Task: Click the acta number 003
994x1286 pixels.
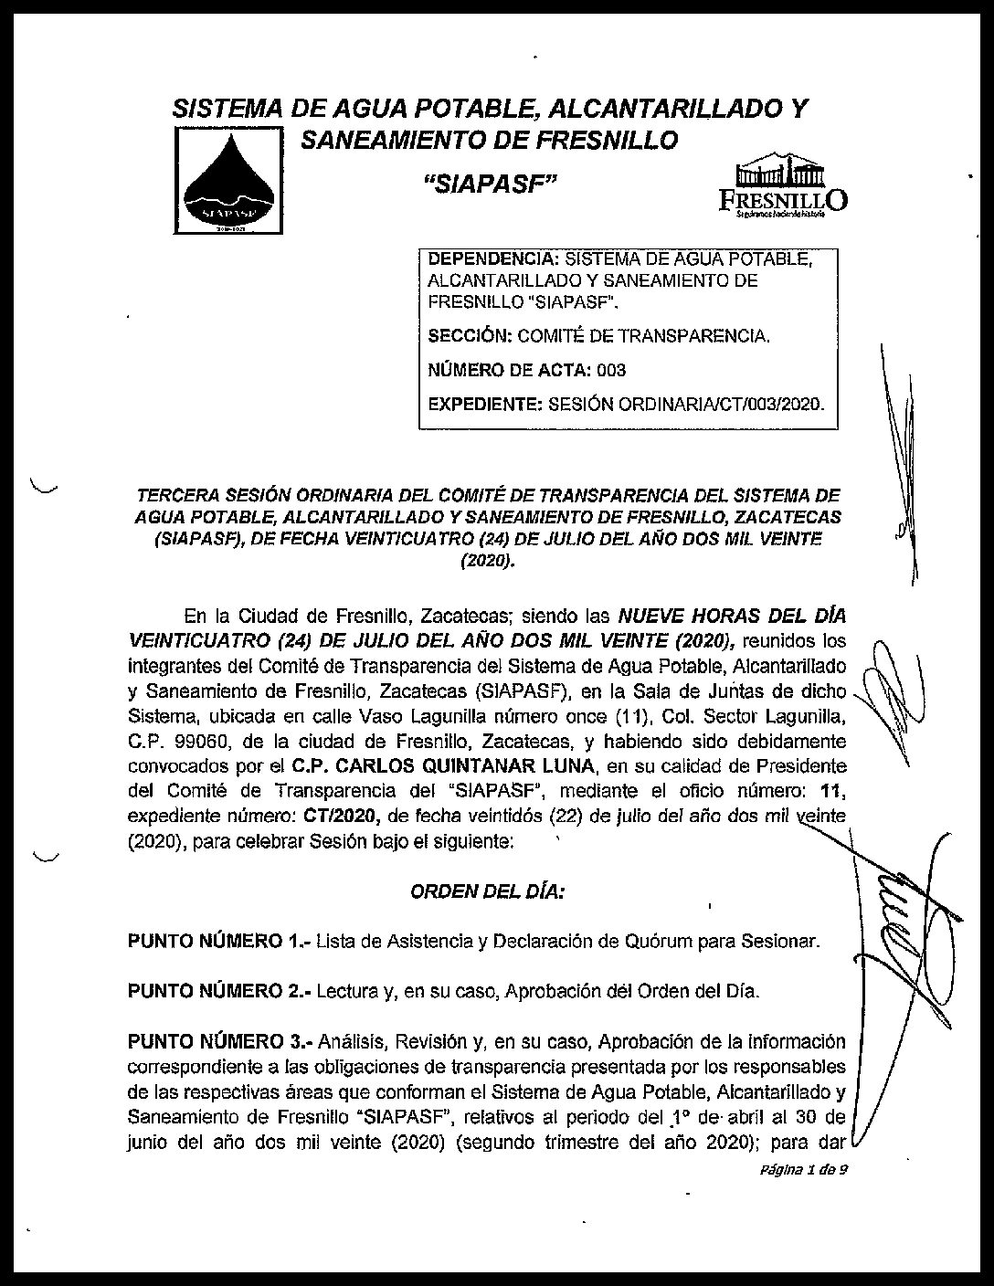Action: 611,370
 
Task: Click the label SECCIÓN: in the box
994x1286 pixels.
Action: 470,336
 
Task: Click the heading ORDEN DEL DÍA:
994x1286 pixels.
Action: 487,891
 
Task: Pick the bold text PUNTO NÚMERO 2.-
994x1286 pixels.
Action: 217,991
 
